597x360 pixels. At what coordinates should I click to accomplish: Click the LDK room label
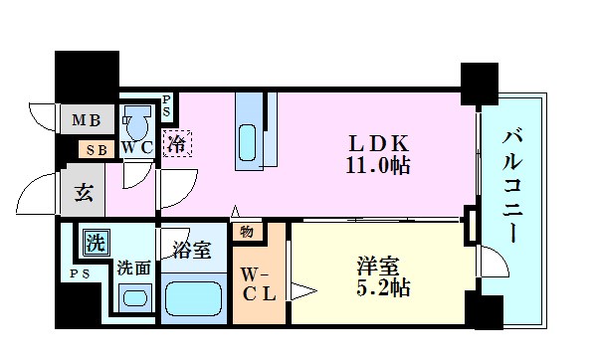point(370,142)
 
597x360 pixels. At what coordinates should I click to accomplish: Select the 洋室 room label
point(377,266)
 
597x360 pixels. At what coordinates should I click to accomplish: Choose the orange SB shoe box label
point(97,149)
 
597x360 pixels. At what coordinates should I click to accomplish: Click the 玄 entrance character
point(84,193)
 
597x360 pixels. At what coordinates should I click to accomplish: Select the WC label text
point(136,148)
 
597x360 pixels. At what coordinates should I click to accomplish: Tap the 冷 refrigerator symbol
point(176,144)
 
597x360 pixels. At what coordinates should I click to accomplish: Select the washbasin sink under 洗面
point(132,297)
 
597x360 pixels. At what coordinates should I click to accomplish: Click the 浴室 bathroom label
point(191,251)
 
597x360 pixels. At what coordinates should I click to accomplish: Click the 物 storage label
point(245,233)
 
